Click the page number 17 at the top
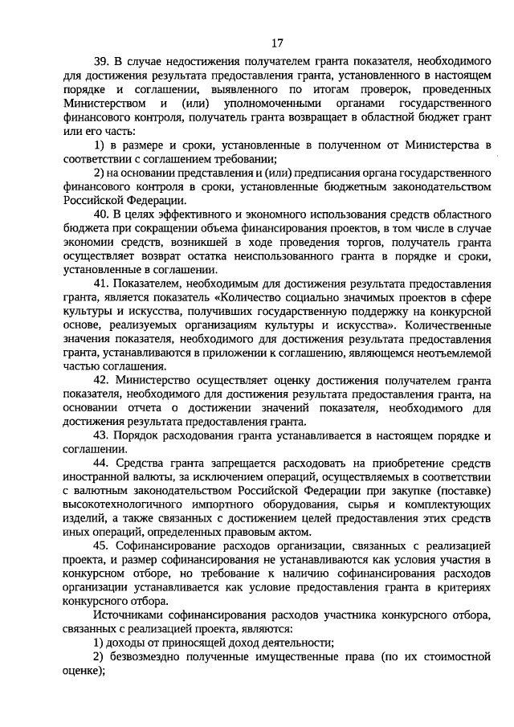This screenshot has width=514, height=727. click(277, 43)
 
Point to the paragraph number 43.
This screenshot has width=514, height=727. click(102, 435)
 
